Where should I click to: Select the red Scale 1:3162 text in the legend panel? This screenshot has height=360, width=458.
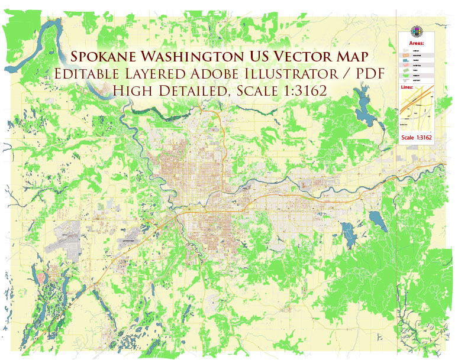tap(417, 138)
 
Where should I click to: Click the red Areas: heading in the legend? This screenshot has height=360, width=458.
tap(417, 43)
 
